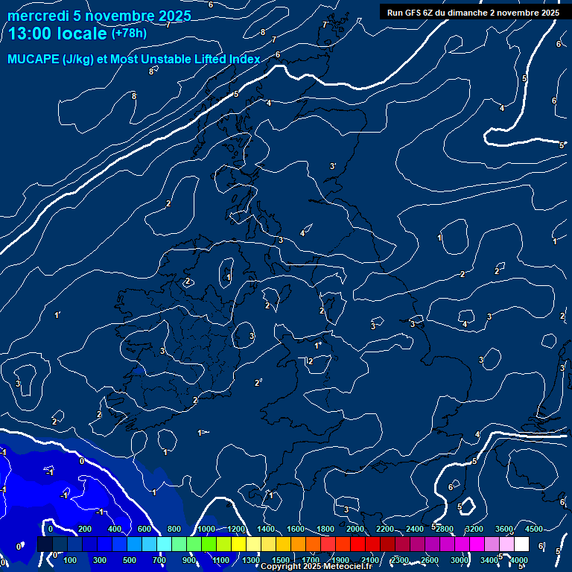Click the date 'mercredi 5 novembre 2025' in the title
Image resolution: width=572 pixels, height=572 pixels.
(x=99, y=16)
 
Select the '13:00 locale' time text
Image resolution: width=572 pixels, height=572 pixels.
(x=57, y=34)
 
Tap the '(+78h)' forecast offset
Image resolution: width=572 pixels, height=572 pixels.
(x=129, y=34)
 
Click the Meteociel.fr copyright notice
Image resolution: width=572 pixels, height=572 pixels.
(x=317, y=566)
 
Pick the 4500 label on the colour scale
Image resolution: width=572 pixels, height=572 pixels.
(x=533, y=529)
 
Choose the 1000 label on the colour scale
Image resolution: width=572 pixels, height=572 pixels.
(x=206, y=529)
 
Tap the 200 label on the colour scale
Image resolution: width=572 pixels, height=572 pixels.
(x=85, y=529)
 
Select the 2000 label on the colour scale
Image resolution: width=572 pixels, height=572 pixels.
(x=355, y=529)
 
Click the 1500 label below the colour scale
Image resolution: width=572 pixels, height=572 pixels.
(x=281, y=560)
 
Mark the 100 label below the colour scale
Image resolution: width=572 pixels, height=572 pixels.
(x=71, y=560)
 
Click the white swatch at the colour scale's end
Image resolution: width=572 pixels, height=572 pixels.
(x=522, y=544)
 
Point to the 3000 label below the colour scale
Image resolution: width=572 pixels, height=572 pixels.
(x=460, y=560)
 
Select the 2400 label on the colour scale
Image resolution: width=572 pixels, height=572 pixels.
(x=415, y=529)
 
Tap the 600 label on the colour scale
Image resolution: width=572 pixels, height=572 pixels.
(x=144, y=529)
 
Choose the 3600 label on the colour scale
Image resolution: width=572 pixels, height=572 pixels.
(x=504, y=529)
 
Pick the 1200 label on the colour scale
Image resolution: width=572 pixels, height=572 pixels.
(x=236, y=529)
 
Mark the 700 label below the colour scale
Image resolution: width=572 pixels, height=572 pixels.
(x=159, y=560)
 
